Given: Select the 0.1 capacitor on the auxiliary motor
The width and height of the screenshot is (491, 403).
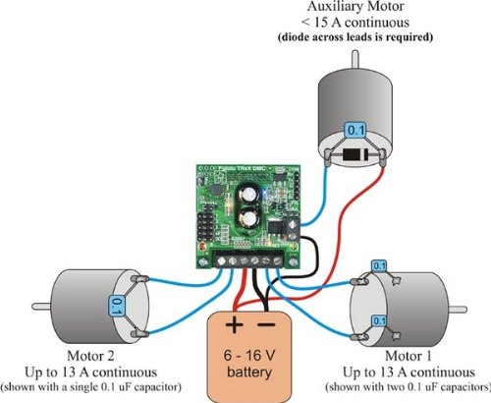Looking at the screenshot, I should pos(356,129).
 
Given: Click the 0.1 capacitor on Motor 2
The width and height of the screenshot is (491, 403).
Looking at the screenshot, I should pos(117,307).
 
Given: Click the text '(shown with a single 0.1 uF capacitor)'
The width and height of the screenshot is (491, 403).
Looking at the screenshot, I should pos(99,385).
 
